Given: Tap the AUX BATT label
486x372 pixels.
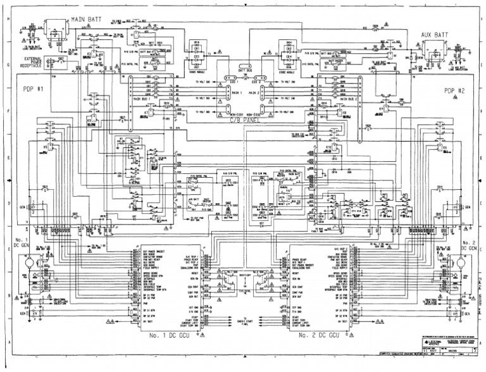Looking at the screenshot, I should click(435, 35).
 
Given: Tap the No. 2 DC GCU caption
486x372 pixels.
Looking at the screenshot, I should click(319, 335).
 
